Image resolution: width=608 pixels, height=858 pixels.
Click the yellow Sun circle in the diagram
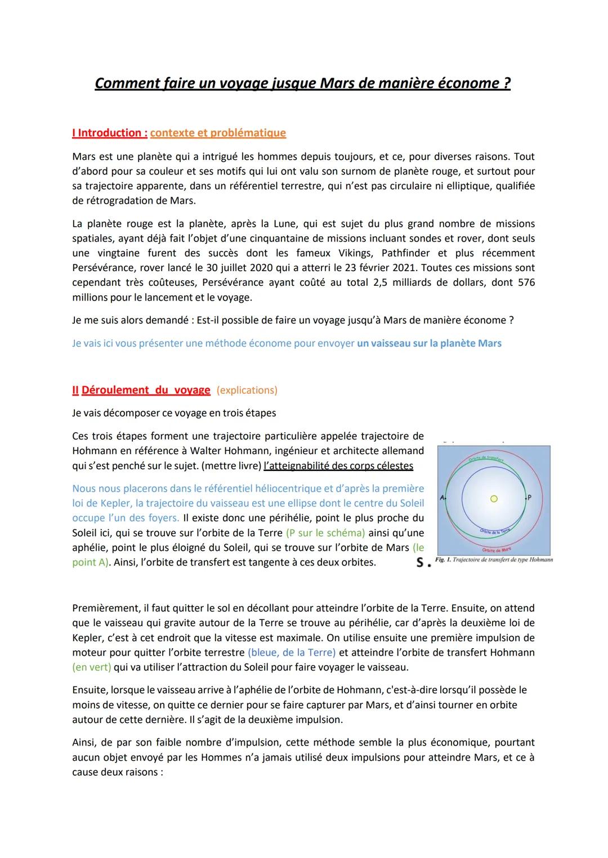tap(494, 498)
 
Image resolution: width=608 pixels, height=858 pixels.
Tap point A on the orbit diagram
tap(442, 498)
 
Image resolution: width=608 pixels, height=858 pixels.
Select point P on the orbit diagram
tap(529, 498)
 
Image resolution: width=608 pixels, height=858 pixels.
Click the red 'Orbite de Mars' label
tap(497, 549)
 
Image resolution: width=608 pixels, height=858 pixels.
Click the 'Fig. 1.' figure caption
tap(494, 560)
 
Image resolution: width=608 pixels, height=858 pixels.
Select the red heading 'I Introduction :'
tap(110, 133)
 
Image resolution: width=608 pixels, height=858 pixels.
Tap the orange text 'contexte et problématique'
tap(218, 133)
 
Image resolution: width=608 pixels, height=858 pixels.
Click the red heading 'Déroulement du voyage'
tap(146, 390)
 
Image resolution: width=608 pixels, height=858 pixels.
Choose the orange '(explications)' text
tap(247, 390)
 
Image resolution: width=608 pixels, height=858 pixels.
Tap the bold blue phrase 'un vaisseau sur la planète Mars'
tap(429, 343)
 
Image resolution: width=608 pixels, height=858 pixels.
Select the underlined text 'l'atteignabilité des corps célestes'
tap(338, 466)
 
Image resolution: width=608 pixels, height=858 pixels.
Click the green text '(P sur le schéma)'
tap(325, 532)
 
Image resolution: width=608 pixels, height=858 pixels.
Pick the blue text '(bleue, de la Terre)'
tap(292, 653)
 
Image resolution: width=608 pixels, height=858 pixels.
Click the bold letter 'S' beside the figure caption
tap(420, 562)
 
